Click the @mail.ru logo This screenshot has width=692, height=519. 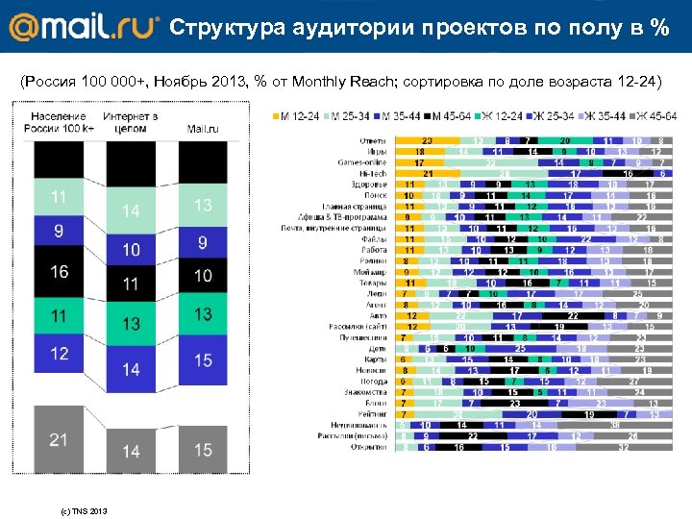coord(81,26)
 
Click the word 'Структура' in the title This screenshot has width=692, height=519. coord(224,28)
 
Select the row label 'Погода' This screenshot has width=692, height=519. coord(374,381)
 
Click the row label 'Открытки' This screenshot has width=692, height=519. coord(370,447)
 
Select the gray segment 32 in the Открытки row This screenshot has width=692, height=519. coord(624,447)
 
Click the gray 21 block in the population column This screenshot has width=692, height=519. coord(59,439)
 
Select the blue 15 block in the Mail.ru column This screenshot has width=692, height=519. coord(202,358)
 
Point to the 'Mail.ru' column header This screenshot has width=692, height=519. coord(202,128)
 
